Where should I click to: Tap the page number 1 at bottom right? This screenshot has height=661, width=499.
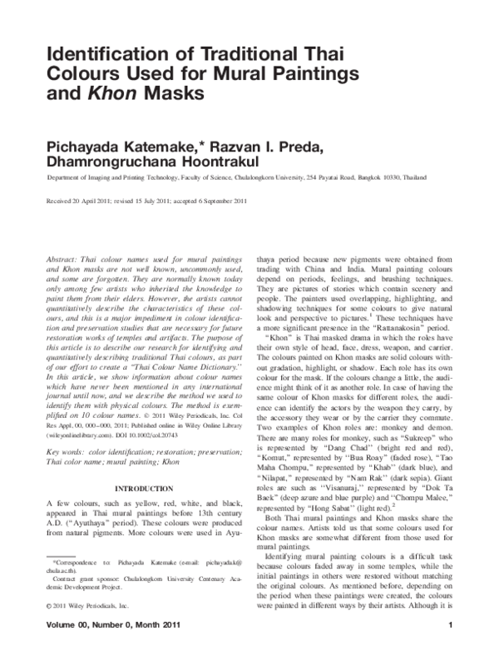point(449,648)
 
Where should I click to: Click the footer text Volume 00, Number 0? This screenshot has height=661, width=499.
point(91,648)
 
